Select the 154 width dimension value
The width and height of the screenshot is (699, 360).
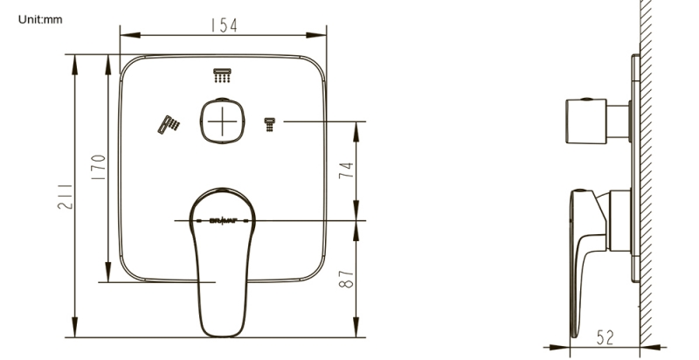pos(223,27)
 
